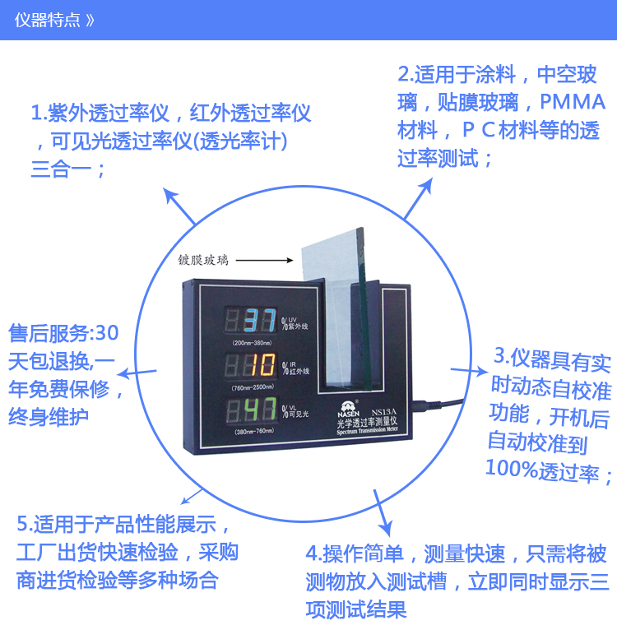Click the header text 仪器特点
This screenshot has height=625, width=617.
tap(48, 20)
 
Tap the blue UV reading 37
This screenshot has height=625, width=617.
tap(260, 320)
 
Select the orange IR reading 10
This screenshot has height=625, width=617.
tap(262, 364)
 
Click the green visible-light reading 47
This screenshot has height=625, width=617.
tap(261, 409)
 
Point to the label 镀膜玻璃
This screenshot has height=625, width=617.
tap(203, 261)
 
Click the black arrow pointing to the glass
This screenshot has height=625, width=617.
tap(264, 261)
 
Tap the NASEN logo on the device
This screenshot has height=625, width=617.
tap(348, 410)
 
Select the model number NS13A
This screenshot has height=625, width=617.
tap(383, 412)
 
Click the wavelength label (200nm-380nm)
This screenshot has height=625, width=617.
tap(252, 343)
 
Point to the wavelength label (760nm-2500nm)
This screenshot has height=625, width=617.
tap(253, 387)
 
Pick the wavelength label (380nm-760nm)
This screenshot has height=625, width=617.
tap(254, 432)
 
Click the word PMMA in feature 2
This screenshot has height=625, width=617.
tap(573, 102)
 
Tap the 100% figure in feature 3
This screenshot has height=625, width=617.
tap(512, 468)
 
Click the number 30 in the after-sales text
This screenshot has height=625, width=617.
tap(107, 333)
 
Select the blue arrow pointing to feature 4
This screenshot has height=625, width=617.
tap(383, 513)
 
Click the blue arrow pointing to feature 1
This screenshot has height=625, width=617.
tap(179, 206)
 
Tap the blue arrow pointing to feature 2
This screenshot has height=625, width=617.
tap(418, 198)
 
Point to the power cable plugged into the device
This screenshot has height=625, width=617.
tap(437, 405)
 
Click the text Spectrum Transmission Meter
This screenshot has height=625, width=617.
tap(367, 430)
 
